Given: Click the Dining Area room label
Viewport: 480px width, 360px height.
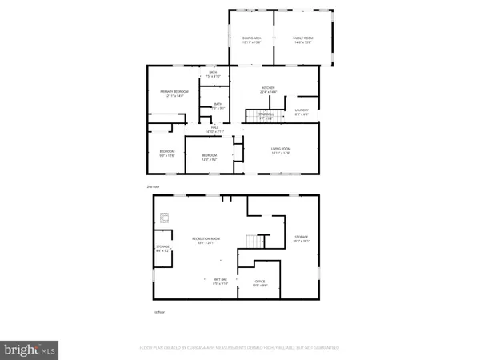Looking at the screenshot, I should [x=253, y=39].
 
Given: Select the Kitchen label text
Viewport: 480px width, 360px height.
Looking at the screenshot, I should [x=269, y=89].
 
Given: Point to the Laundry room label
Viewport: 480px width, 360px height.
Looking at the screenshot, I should [x=302, y=110].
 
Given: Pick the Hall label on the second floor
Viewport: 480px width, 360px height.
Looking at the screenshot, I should [x=214, y=128].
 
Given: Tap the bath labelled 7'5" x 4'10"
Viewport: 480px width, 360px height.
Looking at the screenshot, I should [x=213, y=74].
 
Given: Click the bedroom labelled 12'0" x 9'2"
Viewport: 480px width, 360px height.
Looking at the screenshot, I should [x=209, y=156].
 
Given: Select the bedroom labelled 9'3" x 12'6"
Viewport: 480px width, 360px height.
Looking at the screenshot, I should [x=166, y=153].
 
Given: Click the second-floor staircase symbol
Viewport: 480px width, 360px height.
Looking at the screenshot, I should [x=256, y=117].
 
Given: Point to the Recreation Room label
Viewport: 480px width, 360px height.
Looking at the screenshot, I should [x=206, y=240].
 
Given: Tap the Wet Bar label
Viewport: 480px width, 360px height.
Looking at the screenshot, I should [x=220, y=281].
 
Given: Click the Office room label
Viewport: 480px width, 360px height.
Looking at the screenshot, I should [x=260, y=282].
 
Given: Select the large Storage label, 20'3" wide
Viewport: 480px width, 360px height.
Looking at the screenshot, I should [x=301, y=238].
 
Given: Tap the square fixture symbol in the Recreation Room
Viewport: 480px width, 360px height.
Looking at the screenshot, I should [x=166, y=216].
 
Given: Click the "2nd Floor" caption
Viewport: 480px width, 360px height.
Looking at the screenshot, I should [x=154, y=186].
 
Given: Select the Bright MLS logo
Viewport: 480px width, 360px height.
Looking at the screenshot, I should [x=30, y=349].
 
